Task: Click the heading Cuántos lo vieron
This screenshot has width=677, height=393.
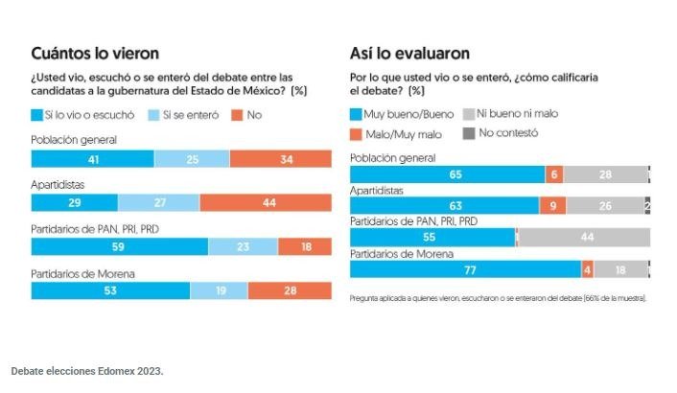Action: pos(95,54)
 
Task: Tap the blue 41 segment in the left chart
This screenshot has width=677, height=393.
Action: pos(92,158)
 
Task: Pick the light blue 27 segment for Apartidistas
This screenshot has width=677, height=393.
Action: pos(159,202)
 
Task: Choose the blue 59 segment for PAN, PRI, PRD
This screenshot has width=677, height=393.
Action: pos(119,246)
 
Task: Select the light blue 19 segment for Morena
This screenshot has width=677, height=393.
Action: pos(218,290)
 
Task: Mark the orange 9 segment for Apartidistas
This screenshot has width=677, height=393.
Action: pos(552,205)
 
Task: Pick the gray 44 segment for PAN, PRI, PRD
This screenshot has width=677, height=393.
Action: pos(584,237)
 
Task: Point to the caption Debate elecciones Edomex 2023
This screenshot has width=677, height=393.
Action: pos(87,370)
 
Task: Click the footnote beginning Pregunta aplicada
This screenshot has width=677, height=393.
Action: pos(498,298)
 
